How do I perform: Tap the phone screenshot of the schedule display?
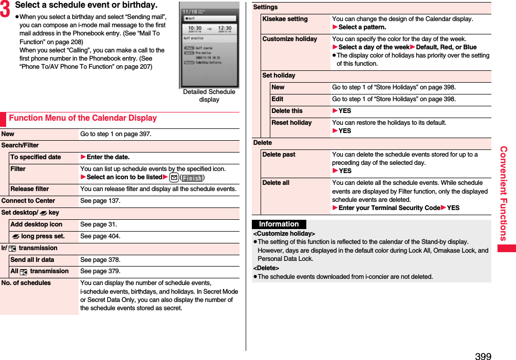point(209,46)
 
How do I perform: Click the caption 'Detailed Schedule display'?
point(209,96)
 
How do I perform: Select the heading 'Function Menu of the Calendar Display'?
point(83,118)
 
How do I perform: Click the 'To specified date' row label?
point(35,157)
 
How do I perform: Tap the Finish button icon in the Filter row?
point(192,178)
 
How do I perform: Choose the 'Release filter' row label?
point(30,189)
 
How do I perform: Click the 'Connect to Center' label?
point(28,201)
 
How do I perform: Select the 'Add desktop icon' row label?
point(36,224)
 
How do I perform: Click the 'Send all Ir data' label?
point(32,260)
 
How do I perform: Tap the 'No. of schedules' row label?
point(26,283)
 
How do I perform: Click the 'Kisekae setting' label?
point(285,19)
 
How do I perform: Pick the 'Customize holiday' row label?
point(289,39)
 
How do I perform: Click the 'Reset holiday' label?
point(291,123)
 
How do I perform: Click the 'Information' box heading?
point(279,224)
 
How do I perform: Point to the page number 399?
point(483,356)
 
